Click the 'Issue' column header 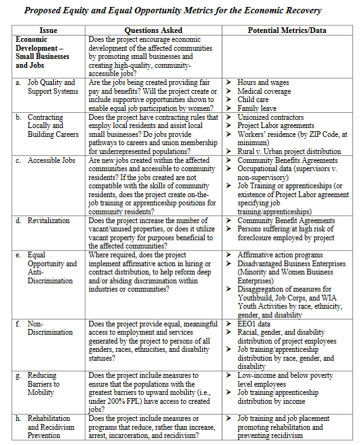click(48, 30)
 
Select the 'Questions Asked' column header click(153, 30)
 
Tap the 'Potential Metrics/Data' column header click(284, 30)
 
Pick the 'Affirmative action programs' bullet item click(280, 255)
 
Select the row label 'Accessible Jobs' click(51, 160)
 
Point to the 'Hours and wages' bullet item click(263, 82)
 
